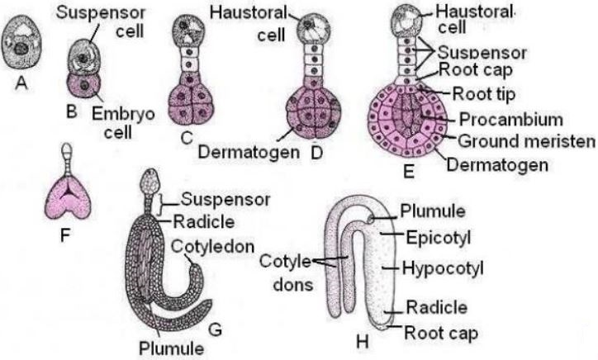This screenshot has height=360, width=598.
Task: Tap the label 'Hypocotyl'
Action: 442,268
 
